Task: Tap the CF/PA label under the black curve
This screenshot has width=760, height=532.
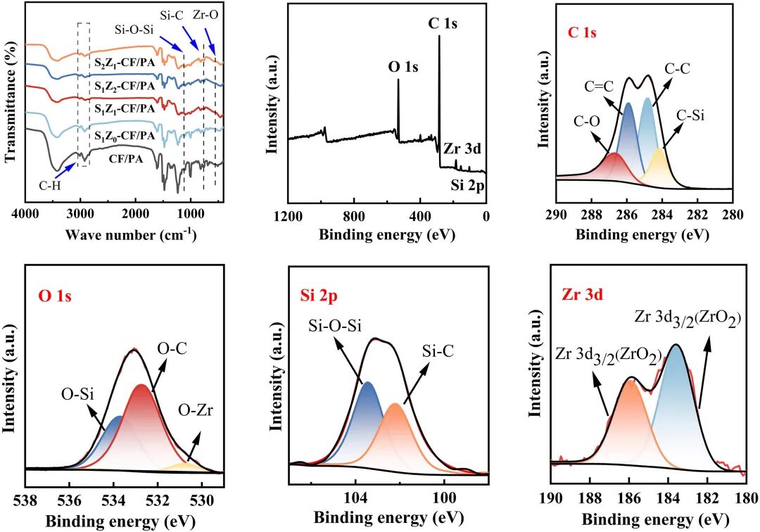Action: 125,158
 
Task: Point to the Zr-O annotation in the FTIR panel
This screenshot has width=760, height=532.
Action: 205,15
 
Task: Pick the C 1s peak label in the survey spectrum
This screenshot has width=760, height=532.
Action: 443,23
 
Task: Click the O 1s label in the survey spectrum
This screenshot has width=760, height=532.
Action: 403,67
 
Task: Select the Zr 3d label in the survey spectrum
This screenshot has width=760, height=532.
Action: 462,148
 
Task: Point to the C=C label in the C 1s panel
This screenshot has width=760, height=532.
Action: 599,87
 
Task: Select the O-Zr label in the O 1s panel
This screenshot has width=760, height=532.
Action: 196,411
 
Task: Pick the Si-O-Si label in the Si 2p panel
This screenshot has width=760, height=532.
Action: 335,326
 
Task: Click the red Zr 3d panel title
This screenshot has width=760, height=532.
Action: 583,294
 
